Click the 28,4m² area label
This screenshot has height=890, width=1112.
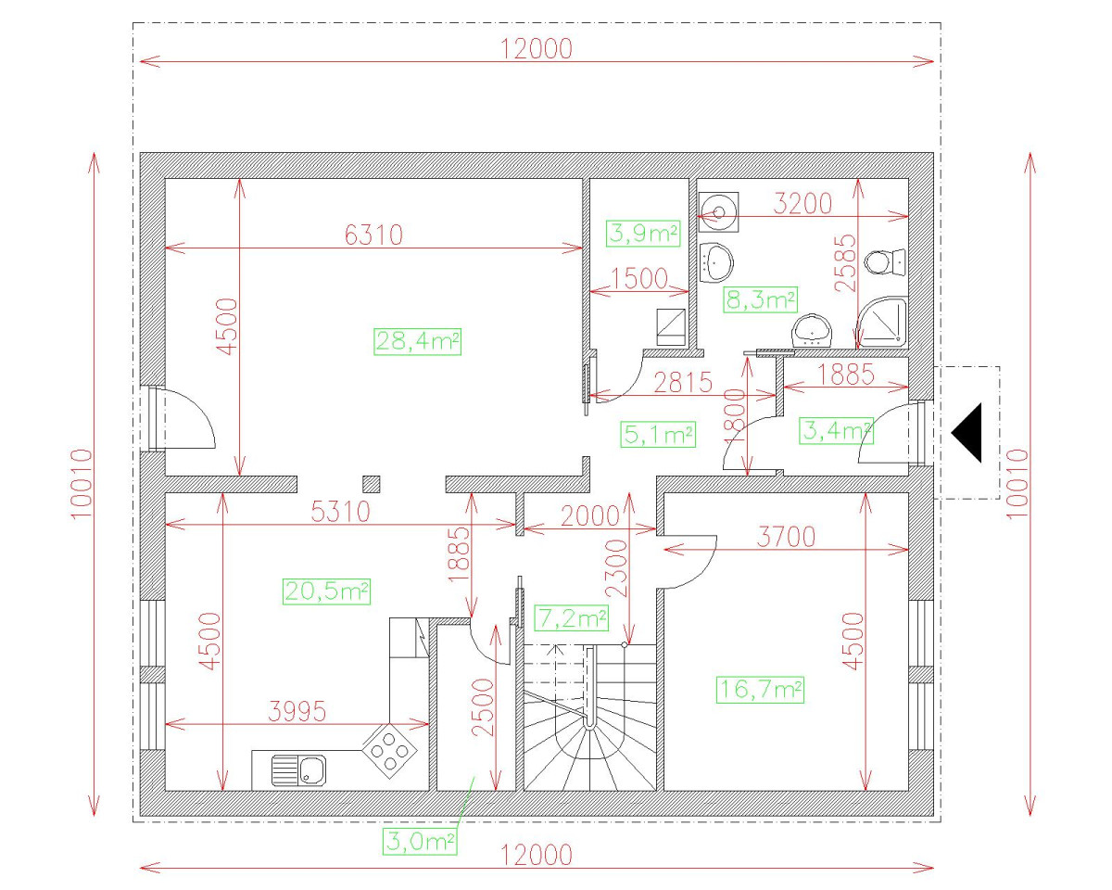point(418,341)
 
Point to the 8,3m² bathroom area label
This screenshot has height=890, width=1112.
point(760,299)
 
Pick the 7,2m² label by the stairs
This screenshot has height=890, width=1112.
point(572,617)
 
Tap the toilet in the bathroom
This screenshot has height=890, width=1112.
point(885,262)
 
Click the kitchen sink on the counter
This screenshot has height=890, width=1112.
point(298,769)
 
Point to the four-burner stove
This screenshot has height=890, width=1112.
point(389,749)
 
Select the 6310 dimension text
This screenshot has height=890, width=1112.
point(373,235)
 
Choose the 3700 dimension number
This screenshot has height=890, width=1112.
point(786,536)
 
